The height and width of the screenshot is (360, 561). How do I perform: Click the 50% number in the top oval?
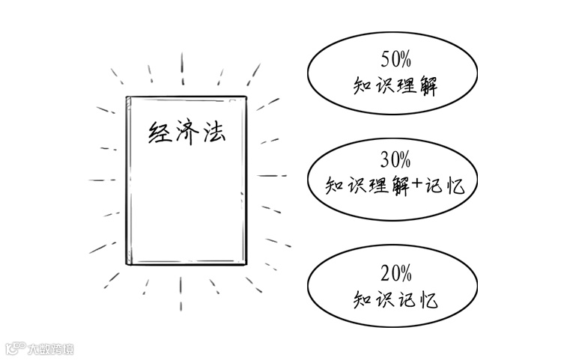click(x=395, y=57)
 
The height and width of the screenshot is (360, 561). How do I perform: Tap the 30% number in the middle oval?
click(x=395, y=159)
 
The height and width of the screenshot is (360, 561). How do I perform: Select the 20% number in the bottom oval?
click(x=395, y=275)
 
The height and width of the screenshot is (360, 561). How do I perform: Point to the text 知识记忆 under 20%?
click(x=395, y=301)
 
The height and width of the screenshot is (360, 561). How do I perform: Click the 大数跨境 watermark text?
click(x=50, y=349)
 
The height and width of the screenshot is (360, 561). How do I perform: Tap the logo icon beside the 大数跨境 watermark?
click(x=15, y=349)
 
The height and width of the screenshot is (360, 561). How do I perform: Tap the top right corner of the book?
click(x=245, y=97)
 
